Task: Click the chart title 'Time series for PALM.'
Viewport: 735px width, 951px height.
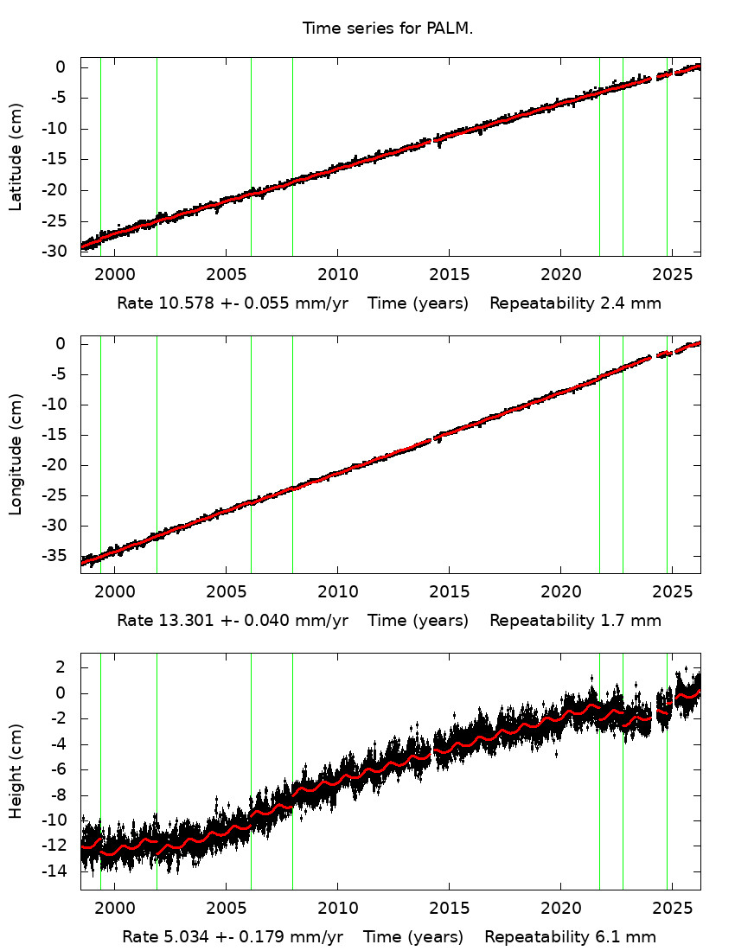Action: tap(387, 29)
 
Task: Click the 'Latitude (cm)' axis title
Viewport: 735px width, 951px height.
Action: tap(16, 156)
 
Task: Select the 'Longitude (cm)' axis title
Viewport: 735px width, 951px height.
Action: tap(16, 454)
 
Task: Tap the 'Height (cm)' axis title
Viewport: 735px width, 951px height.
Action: tap(16, 771)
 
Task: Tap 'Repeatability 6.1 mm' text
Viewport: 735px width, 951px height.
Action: tap(570, 936)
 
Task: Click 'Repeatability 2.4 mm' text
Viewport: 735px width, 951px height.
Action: tap(575, 303)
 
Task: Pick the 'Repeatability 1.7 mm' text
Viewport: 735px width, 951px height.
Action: tap(575, 620)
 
